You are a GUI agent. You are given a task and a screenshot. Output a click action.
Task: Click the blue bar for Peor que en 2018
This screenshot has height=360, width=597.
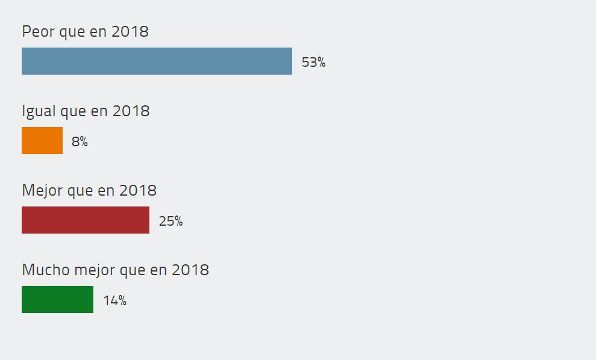(157, 61)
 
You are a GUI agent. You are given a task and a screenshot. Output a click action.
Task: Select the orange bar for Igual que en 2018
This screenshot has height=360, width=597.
(42, 141)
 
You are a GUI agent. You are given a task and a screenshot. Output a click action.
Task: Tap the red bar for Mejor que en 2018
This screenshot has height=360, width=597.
(86, 220)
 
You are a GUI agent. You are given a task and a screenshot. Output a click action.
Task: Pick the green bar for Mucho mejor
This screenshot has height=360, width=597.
(57, 300)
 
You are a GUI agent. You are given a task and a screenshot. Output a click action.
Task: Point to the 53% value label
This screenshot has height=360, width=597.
(313, 62)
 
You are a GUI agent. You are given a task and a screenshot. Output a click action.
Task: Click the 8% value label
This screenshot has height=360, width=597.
(80, 142)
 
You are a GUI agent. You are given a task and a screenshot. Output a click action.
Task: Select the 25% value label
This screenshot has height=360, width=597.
(170, 221)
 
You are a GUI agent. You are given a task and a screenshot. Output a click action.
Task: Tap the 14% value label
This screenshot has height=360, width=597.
(114, 300)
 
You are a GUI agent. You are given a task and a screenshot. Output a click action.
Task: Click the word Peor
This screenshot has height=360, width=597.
(38, 31)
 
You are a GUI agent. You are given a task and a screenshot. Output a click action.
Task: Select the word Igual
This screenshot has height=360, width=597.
(38, 111)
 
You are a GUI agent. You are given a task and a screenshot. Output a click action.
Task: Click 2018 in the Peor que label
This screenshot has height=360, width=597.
(130, 31)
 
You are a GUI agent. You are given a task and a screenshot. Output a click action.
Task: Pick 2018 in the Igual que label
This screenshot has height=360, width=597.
(131, 111)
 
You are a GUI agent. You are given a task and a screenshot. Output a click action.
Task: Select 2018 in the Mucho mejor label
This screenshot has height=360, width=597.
(190, 270)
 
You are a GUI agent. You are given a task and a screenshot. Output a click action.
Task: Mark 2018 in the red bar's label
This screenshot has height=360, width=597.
(138, 191)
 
